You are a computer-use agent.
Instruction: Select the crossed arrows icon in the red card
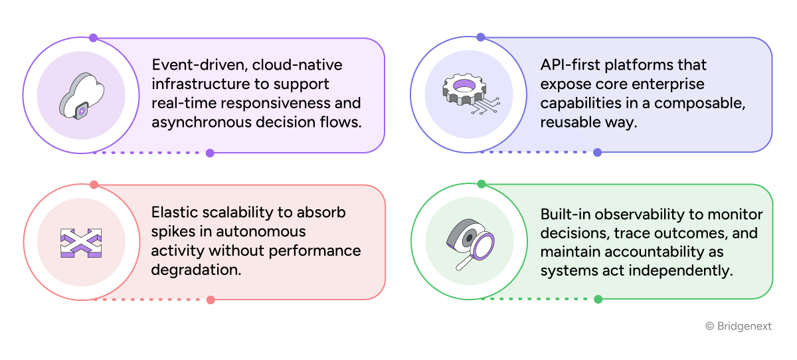81,243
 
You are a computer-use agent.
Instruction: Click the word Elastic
173,213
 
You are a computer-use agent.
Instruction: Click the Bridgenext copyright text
738,326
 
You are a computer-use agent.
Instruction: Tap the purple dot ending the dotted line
210,153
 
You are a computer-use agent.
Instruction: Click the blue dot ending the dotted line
597,152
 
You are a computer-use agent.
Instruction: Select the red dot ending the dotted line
211,300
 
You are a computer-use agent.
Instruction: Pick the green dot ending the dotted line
598,299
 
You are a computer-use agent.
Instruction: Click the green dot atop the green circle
482,184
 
